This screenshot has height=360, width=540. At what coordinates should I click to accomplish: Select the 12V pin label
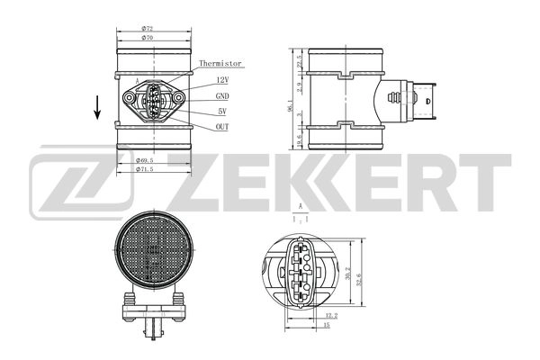[x=221, y=81]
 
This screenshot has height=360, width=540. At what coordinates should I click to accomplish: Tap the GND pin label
[x=222, y=96]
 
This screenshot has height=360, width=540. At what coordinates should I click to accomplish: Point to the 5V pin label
[x=221, y=112]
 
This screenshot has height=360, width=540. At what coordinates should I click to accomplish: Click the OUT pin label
[x=221, y=127]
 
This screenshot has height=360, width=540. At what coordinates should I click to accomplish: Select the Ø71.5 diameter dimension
[x=144, y=169]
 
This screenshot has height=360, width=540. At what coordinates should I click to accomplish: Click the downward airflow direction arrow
[x=97, y=109]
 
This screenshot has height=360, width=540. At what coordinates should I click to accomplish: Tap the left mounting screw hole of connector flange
[x=125, y=96]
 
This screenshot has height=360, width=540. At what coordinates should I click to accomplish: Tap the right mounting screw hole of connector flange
[x=179, y=96]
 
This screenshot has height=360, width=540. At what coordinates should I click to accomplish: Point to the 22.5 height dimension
[x=297, y=62]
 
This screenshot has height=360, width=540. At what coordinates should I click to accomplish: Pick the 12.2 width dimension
[x=330, y=316]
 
